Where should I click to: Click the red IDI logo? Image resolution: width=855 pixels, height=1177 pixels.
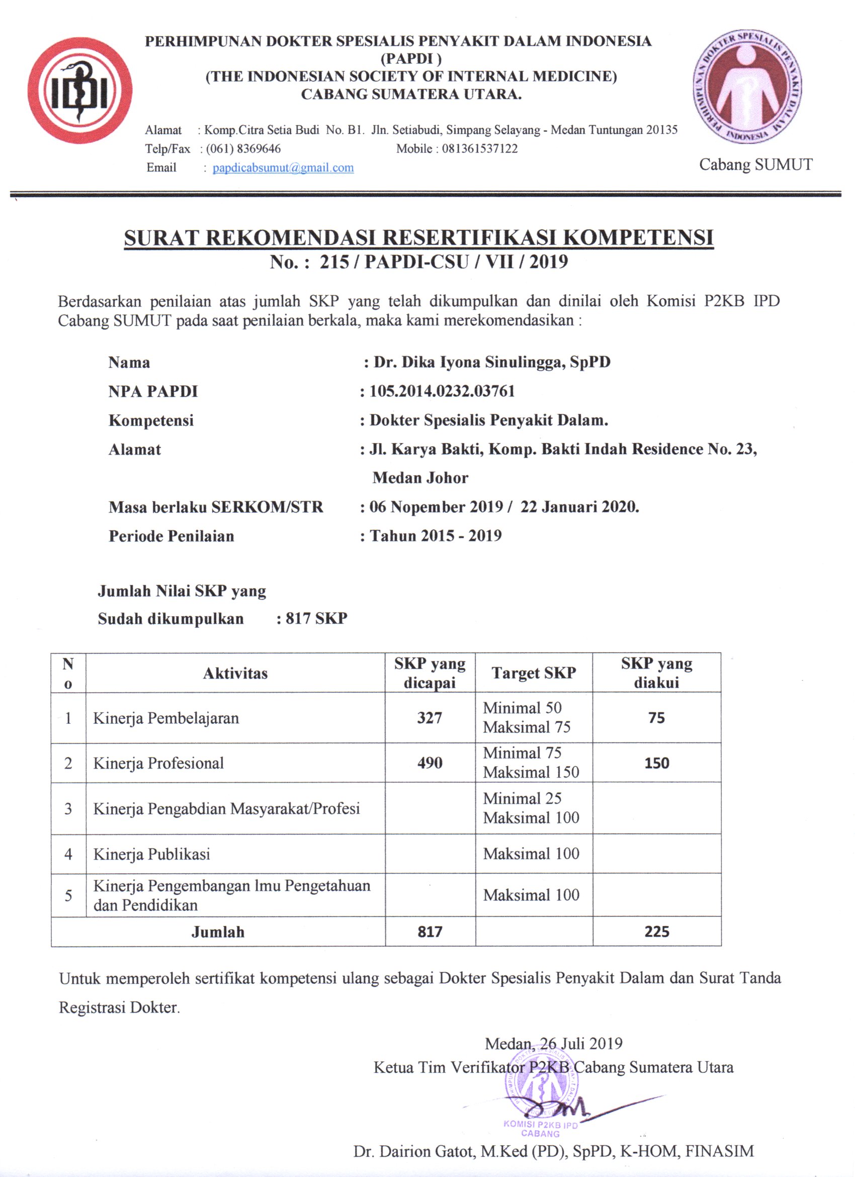(x=80, y=91)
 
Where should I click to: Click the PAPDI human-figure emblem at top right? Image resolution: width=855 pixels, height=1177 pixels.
(x=747, y=86)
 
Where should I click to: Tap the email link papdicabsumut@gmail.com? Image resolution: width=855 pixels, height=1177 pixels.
(x=283, y=167)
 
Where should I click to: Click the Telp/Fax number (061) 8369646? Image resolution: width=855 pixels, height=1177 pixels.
(x=243, y=149)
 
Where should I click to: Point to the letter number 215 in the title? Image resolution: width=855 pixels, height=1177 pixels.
(x=334, y=262)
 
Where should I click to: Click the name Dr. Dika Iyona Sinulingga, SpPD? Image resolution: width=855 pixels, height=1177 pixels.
(x=491, y=362)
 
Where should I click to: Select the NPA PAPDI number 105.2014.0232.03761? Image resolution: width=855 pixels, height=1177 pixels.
(x=442, y=391)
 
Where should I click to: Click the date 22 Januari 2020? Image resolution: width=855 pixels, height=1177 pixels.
(x=579, y=507)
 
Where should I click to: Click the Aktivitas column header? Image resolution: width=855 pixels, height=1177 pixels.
(x=235, y=673)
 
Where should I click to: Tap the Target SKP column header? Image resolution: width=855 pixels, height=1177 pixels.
(x=533, y=673)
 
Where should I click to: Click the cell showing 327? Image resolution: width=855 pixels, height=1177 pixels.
(x=430, y=718)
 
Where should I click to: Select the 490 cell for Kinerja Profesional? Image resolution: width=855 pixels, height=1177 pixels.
(x=430, y=763)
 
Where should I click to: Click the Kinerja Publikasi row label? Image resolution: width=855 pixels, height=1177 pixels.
(x=151, y=854)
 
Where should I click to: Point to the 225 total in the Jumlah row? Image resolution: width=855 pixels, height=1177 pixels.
(x=656, y=932)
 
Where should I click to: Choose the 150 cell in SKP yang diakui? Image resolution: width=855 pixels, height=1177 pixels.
(x=656, y=763)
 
